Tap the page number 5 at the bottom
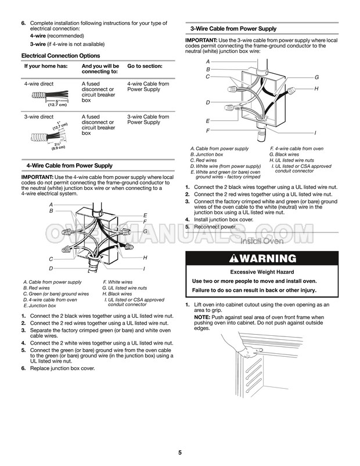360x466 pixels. coord(180,452)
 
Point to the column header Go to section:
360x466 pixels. coord(145,66)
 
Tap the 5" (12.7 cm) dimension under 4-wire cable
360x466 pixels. coord(56,103)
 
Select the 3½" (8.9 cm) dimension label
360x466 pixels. coord(56,146)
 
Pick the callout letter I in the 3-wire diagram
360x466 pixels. coord(315,133)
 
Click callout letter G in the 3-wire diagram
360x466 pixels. coord(317,77)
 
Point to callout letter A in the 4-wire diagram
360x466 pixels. coord(51,205)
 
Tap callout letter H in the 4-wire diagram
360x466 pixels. coord(145,257)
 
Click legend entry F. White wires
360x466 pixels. coord(117,282)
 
